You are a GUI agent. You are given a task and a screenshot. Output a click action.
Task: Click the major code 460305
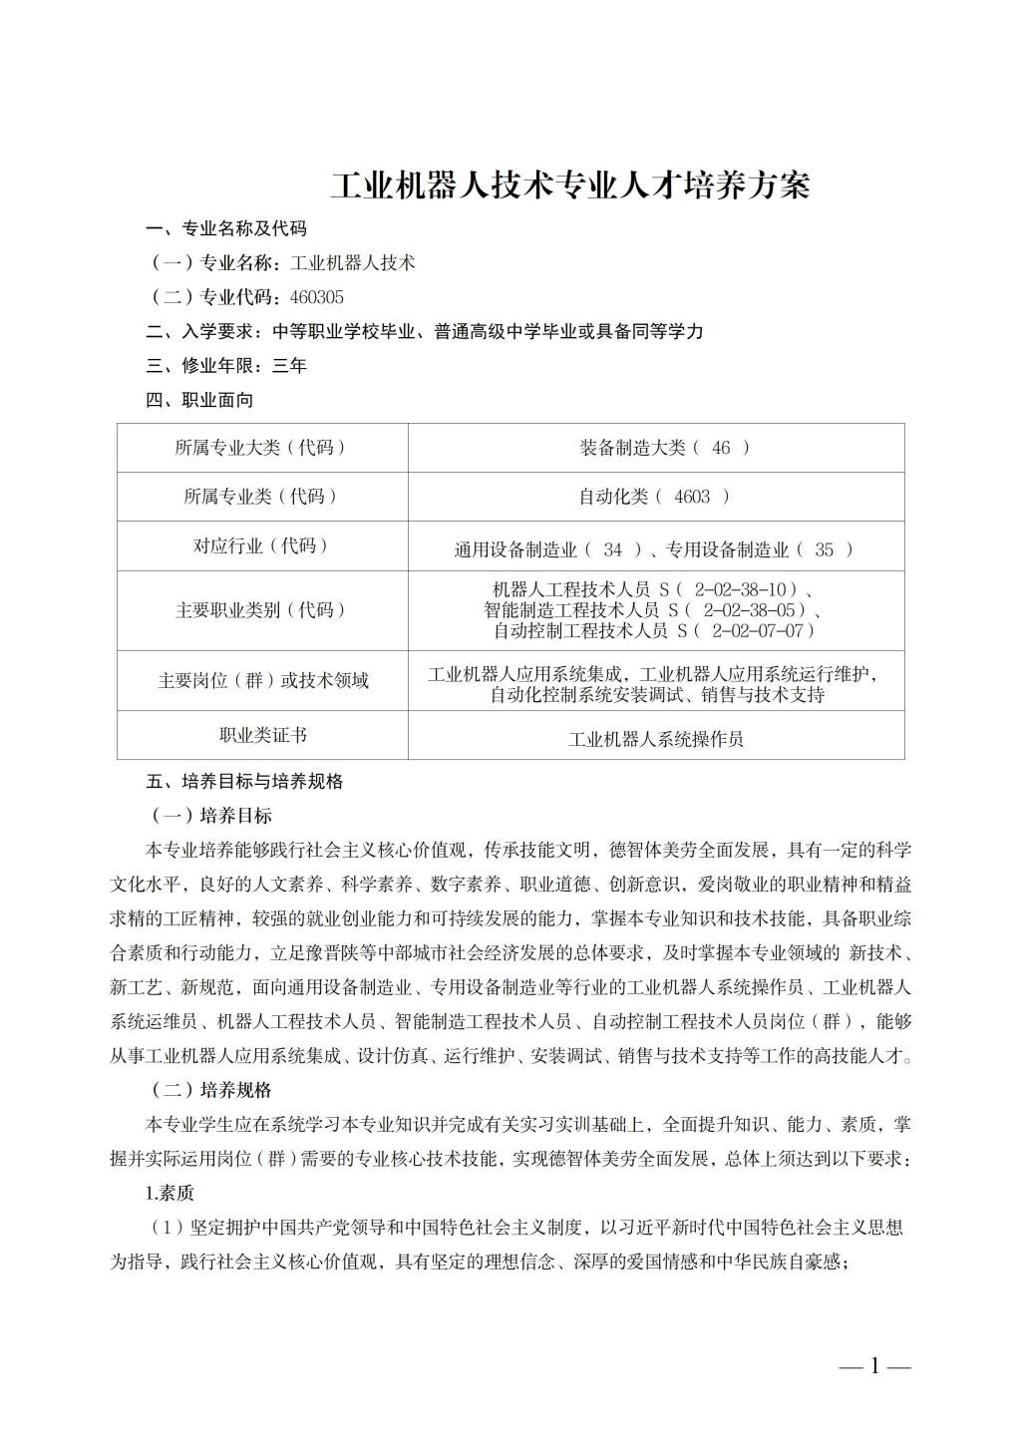(317, 297)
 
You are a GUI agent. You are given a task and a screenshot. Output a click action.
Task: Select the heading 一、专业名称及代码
(226, 229)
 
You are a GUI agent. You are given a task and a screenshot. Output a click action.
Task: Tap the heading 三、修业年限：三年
(226, 366)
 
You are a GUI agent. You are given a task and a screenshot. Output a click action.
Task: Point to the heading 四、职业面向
(199, 400)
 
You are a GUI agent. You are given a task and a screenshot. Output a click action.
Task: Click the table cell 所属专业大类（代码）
(262, 448)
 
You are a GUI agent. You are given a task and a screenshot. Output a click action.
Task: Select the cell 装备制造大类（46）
(664, 448)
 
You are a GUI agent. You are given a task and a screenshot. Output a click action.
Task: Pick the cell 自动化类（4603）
(655, 497)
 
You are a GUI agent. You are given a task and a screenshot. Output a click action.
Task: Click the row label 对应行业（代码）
(262, 545)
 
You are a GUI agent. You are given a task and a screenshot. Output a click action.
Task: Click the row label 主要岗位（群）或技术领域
(262, 680)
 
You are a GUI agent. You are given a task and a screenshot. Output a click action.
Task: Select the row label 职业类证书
(262, 735)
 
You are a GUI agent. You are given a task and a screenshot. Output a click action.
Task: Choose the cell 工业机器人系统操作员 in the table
(656, 739)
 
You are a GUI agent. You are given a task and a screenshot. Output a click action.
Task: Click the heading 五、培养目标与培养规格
(244, 782)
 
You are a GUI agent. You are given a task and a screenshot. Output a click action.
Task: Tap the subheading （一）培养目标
(209, 816)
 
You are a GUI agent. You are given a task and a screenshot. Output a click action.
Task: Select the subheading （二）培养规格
(209, 1090)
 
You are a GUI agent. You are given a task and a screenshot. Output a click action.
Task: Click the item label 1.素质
(170, 1193)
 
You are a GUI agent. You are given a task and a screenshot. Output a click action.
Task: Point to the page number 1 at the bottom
(875, 1366)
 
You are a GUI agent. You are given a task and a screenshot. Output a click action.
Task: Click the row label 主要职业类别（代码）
(262, 610)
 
